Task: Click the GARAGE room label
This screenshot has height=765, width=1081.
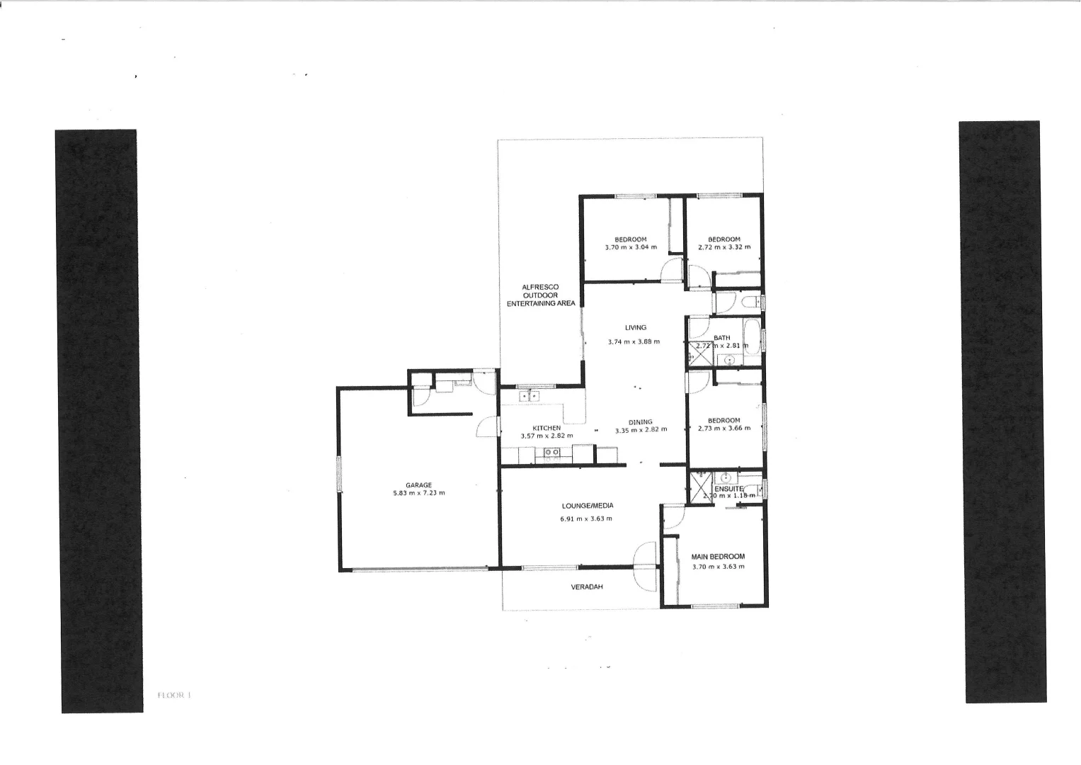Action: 418,485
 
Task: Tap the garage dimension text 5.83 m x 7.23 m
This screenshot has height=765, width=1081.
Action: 418,493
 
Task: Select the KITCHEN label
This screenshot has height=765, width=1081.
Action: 547,428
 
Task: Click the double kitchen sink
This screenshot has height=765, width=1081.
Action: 529,397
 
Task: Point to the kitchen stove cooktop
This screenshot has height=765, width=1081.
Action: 552,452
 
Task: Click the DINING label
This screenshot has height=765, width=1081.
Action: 640,422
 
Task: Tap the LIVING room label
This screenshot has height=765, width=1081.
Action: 635,327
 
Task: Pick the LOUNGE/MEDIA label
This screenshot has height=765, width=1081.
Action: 587,506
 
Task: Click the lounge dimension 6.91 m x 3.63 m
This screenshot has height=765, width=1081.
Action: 586,518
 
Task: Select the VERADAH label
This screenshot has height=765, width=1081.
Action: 587,587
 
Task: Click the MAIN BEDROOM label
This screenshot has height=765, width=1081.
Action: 718,557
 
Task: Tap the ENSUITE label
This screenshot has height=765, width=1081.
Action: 728,489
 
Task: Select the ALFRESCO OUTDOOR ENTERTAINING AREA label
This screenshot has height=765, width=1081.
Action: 541,295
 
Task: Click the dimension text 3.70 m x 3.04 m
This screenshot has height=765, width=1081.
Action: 630,248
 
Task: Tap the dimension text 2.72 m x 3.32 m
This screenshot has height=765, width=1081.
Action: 723,248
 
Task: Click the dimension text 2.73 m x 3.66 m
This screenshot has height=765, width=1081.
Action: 723,428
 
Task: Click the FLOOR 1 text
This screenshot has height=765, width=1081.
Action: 174,696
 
